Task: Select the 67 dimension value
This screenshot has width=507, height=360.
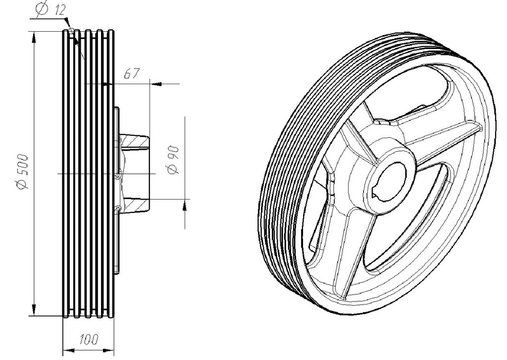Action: pyautogui.click(x=132, y=73)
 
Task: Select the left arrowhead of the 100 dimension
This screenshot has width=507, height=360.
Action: pyautogui.click(x=68, y=350)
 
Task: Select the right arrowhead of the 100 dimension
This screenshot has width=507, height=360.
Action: pyautogui.click(x=108, y=350)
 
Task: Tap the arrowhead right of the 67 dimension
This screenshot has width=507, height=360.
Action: pyautogui.click(x=156, y=84)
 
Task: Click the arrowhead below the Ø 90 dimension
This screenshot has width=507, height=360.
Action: pyautogui.click(x=185, y=206)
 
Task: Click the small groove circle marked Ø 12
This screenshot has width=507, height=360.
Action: pyautogui.click(x=71, y=32)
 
